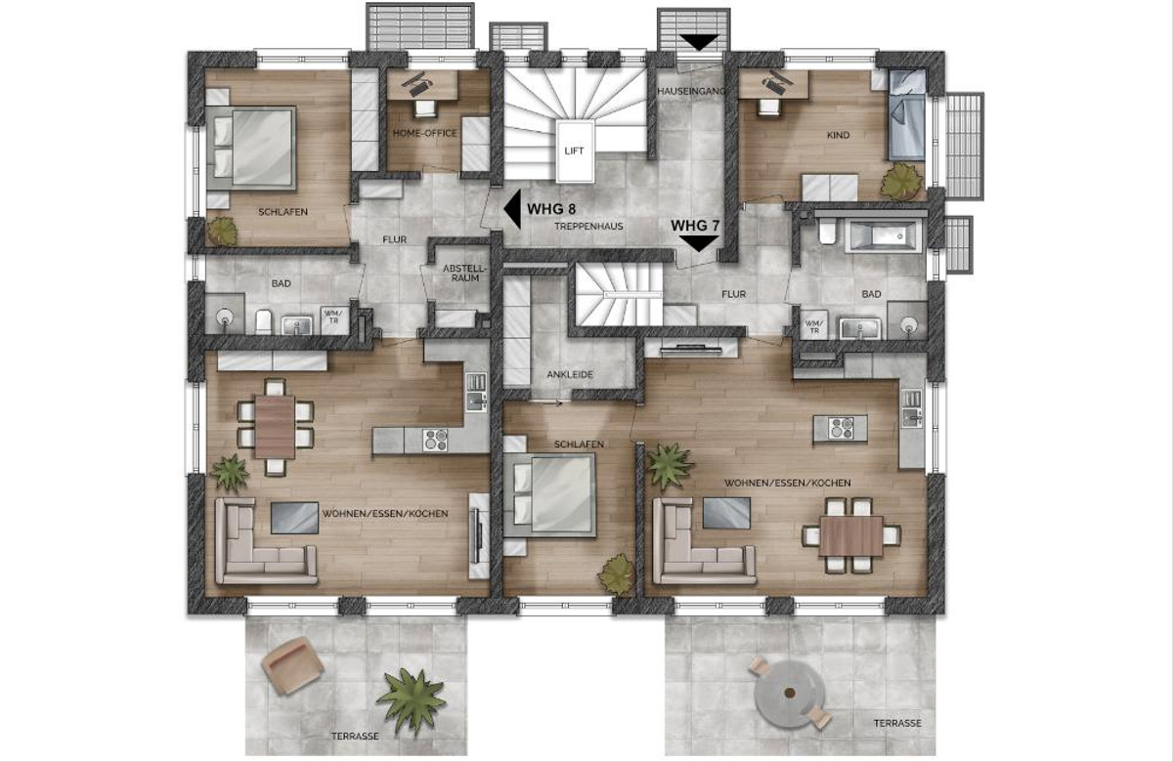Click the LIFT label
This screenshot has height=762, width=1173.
574,151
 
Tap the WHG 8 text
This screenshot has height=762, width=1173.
551,209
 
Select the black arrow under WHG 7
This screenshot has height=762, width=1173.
699,243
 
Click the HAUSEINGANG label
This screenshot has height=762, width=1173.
691,91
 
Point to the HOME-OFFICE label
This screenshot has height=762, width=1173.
424,134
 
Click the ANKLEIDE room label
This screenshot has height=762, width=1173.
570,375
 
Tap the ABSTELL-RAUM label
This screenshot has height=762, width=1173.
465,274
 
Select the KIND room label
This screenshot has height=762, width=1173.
838,136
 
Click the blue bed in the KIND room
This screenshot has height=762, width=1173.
906,115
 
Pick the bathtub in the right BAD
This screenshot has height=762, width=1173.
883,236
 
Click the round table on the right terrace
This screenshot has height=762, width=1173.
789,694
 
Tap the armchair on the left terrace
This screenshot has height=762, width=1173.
292,665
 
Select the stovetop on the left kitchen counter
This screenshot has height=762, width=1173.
435,440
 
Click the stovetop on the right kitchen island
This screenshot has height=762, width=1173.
841,428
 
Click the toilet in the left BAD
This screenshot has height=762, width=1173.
263,321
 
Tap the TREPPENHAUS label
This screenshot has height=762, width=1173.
588,227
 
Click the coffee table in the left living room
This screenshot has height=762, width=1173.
294,518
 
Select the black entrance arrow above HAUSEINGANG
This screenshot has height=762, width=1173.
699,42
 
